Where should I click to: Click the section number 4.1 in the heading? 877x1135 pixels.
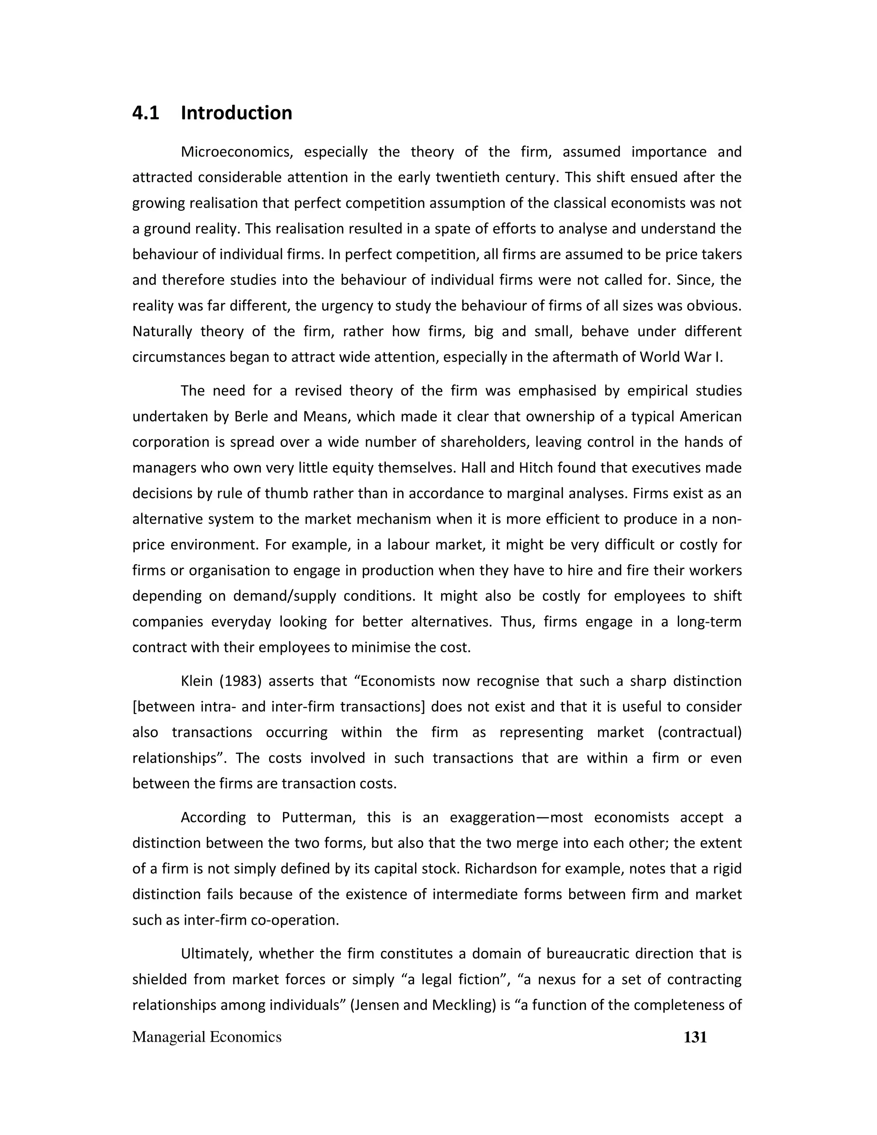tap(146, 113)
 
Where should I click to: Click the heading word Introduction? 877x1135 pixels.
tap(236, 113)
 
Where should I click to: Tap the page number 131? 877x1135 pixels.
tap(695, 1037)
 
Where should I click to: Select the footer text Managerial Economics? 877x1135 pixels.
tap(207, 1037)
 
